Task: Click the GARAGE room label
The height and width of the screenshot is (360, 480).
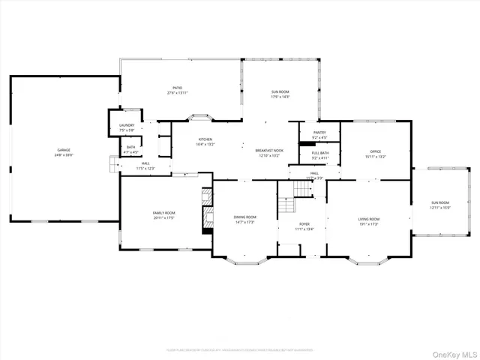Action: [64, 151]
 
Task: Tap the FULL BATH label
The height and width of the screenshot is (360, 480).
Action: [319, 155]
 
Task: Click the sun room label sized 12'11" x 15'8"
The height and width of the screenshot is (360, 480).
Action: [439, 205]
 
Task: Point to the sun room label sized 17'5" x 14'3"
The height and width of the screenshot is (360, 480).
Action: [280, 94]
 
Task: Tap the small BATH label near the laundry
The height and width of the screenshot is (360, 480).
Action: [130, 149]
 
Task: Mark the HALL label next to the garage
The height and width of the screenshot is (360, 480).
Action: [145, 166]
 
